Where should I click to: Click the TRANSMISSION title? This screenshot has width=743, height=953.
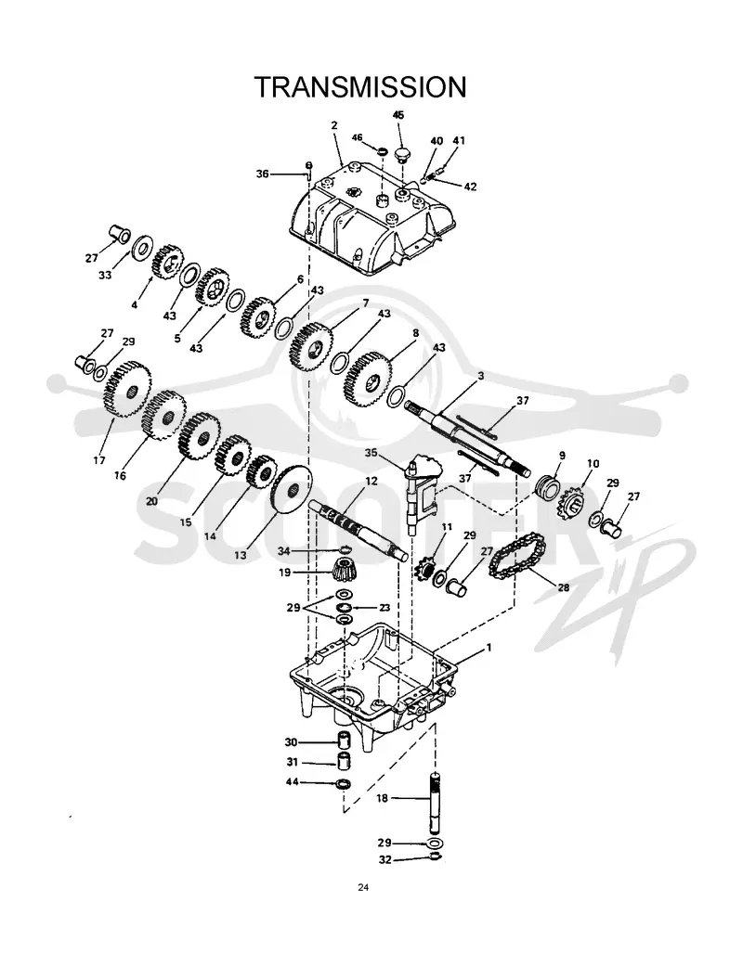click(x=360, y=87)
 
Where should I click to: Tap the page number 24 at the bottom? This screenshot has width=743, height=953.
click(x=363, y=887)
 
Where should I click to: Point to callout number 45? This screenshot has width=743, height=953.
click(x=398, y=115)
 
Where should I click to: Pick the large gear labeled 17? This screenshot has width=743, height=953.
click(x=128, y=389)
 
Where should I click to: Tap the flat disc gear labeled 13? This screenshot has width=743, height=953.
click(x=291, y=490)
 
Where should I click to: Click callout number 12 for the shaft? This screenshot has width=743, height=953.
click(x=371, y=481)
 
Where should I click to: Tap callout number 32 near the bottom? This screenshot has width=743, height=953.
click(x=385, y=860)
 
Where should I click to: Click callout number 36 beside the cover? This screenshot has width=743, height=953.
click(x=262, y=174)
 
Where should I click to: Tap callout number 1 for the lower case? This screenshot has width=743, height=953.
click(x=488, y=648)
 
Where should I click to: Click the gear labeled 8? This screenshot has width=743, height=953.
click(x=368, y=380)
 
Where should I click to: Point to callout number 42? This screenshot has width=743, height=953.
click(x=470, y=187)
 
